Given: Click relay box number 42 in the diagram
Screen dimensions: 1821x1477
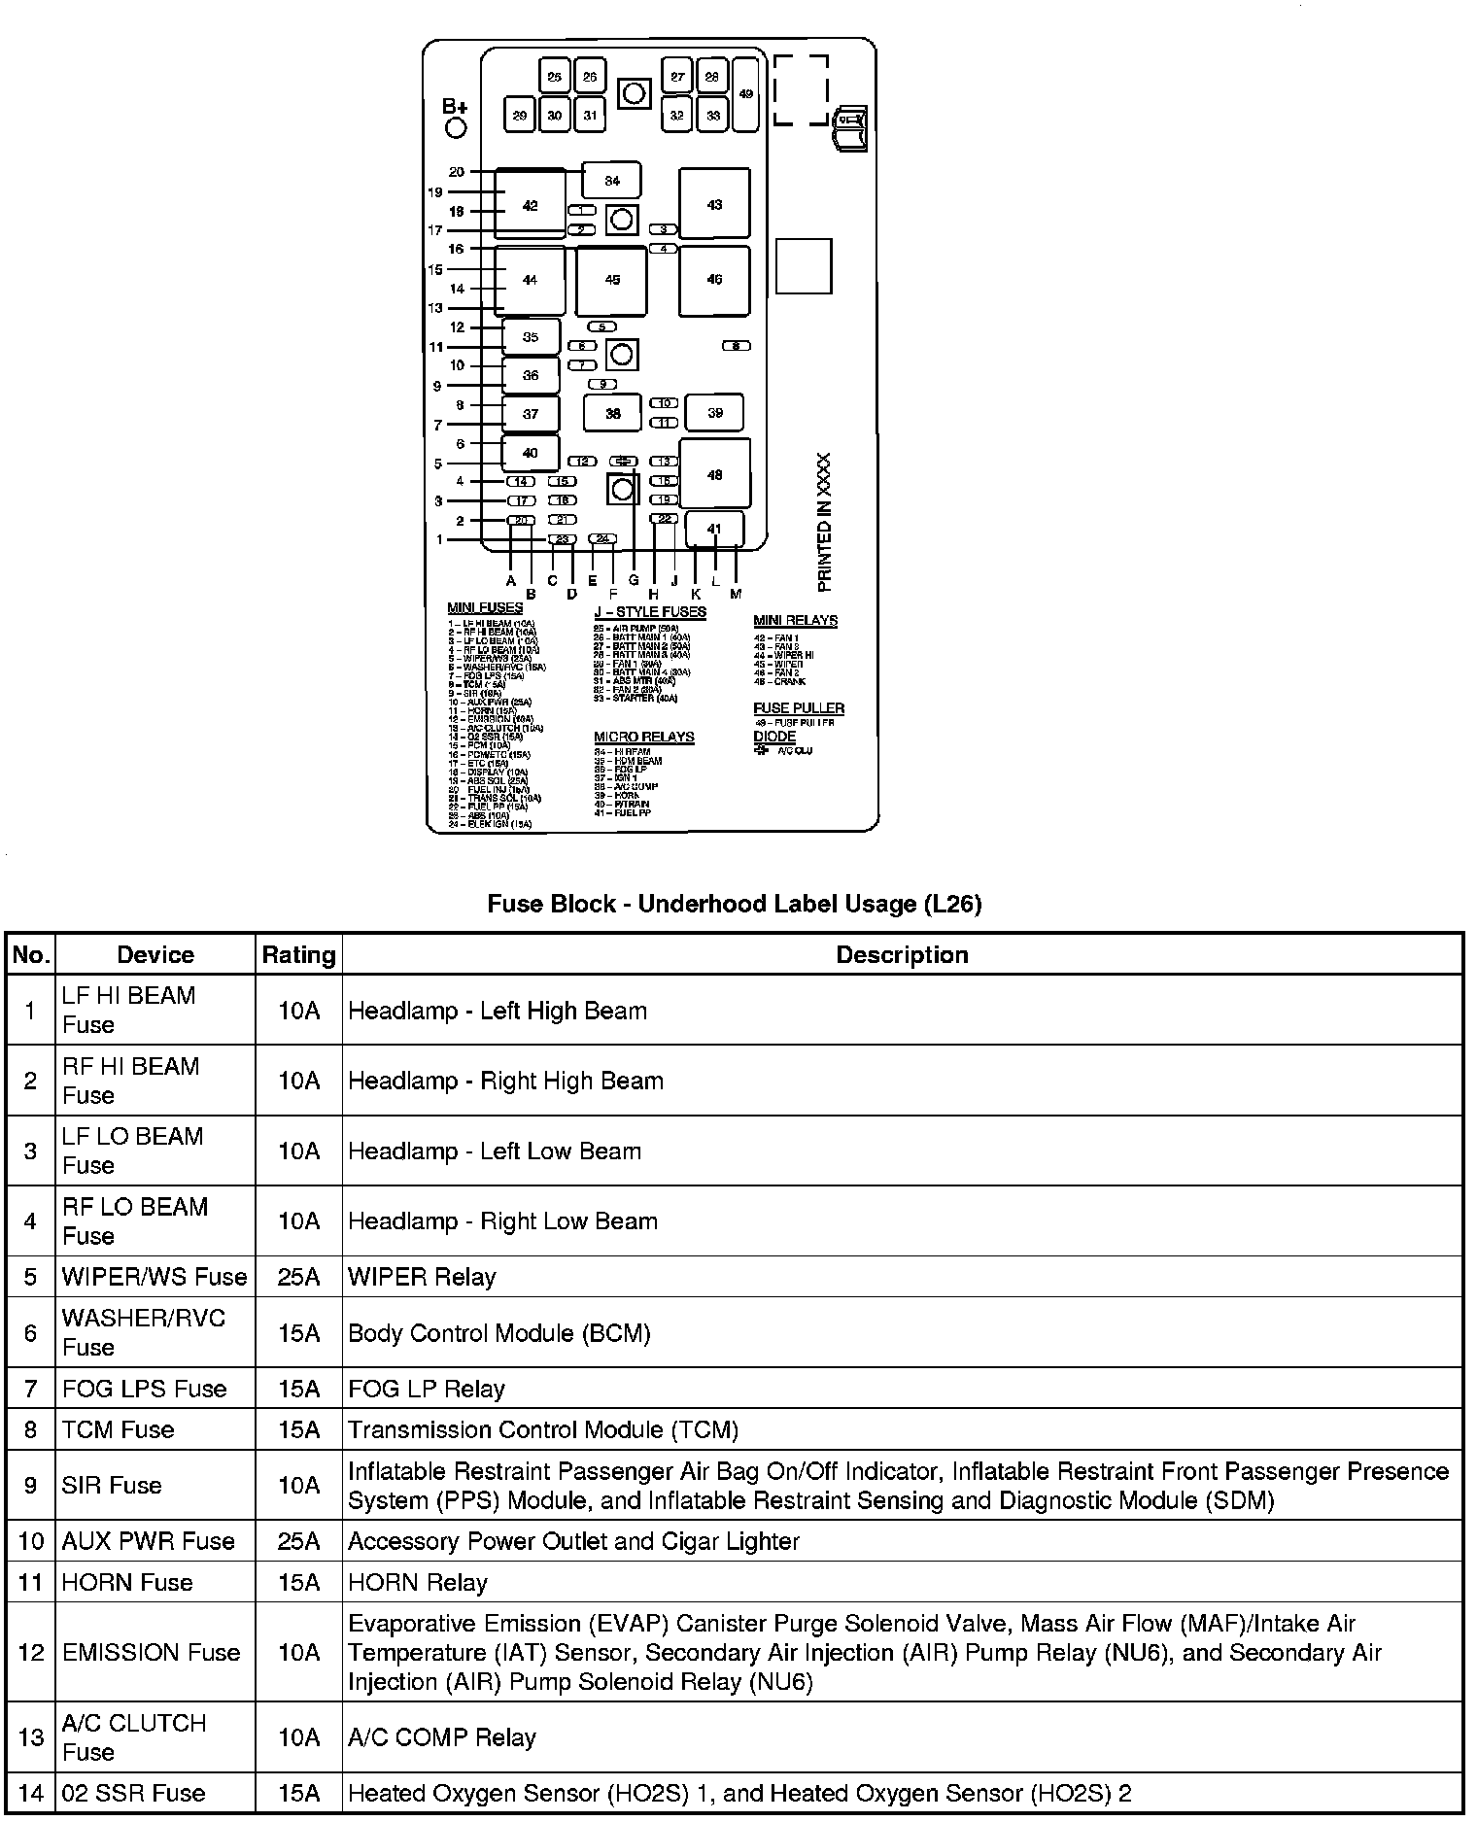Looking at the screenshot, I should point(530,205).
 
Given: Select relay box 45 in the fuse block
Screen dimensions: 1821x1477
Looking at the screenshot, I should point(612,280).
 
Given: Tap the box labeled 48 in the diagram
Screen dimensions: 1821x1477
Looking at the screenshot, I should point(714,475).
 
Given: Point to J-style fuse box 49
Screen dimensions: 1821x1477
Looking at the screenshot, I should point(745,94).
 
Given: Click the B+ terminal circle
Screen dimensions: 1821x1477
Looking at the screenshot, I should point(455,128).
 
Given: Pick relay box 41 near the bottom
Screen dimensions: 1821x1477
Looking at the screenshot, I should point(714,530).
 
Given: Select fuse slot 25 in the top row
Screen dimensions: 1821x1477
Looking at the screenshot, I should point(554,77).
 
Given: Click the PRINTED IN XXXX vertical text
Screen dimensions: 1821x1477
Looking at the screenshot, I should point(825,522).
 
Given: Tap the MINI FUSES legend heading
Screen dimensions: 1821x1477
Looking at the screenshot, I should point(485,608).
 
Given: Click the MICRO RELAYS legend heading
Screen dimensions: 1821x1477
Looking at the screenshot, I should point(643,737).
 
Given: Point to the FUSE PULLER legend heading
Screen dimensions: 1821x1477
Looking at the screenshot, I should point(799,708).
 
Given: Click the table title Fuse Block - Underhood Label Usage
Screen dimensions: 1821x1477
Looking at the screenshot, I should point(734,905).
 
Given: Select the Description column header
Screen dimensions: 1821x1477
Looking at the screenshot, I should point(902,955).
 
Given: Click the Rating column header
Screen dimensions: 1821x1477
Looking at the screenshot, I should point(298,955).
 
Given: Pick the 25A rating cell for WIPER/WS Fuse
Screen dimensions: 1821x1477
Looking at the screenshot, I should point(298,1277).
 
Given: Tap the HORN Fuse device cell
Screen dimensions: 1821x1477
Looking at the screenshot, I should point(127,1582).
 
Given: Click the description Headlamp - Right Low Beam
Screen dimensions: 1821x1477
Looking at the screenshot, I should point(502,1221).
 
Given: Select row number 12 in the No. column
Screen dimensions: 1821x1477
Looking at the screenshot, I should point(31,1652).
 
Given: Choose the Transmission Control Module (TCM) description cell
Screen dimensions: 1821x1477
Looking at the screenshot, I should point(543,1429).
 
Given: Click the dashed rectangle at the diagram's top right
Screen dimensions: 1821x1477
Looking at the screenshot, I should point(801,89).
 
